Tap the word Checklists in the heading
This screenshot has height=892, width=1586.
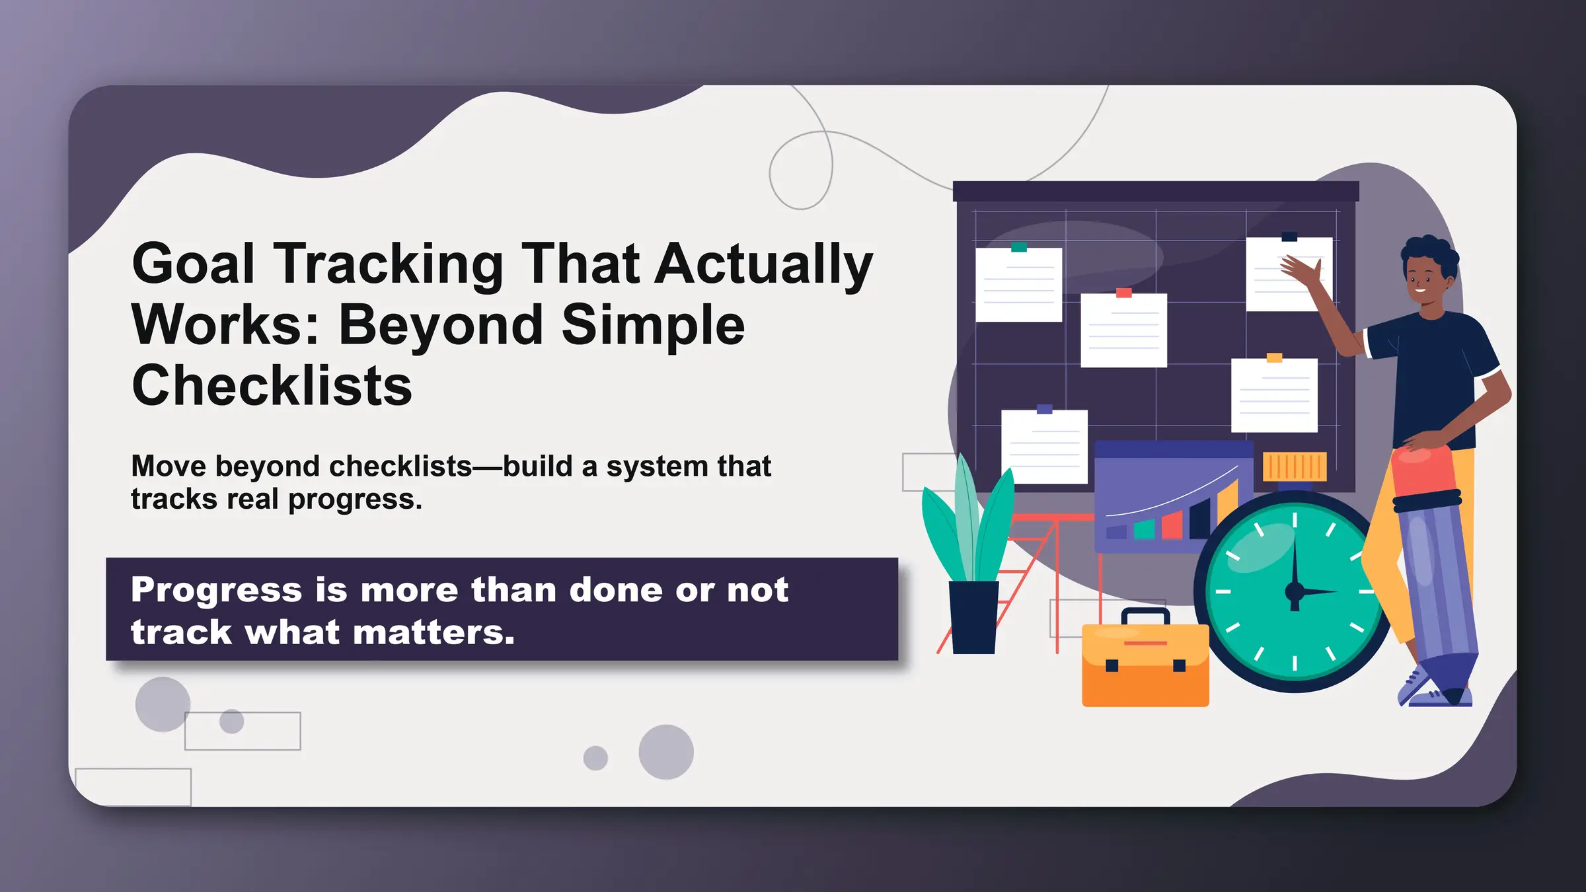(x=272, y=386)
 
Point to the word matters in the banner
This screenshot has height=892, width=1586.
(x=433, y=632)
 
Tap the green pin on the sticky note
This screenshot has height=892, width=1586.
(x=1019, y=247)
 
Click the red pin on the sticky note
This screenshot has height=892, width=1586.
(x=1123, y=293)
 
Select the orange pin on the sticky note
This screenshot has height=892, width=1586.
(x=1274, y=358)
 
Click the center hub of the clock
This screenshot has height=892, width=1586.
(x=1295, y=591)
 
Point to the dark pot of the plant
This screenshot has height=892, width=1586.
(x=973, y=617)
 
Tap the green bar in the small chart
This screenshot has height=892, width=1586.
(x=1144, y=529)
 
